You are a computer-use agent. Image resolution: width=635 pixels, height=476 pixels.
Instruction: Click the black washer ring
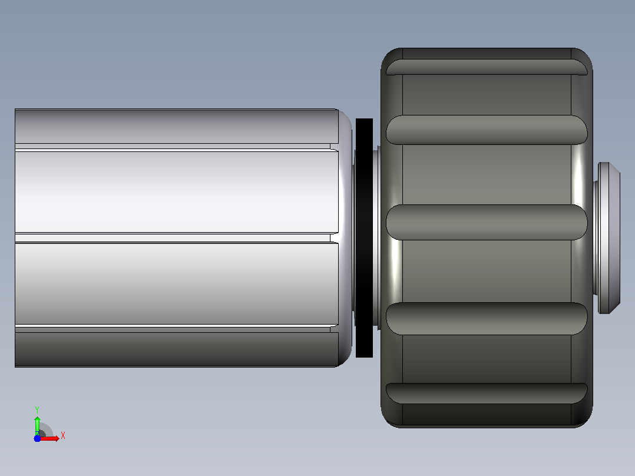point(364,238)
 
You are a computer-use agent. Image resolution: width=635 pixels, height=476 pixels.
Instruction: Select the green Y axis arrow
point(37,425)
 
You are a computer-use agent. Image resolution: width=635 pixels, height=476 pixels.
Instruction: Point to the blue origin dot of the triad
point(37,438)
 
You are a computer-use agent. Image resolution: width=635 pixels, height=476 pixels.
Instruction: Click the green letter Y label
point(37,409)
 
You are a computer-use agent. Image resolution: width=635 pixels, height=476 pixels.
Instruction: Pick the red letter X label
point(63,436)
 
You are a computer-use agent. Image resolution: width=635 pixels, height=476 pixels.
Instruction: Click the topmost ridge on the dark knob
point(487,67)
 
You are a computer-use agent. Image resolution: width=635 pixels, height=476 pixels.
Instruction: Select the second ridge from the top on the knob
point(487,130)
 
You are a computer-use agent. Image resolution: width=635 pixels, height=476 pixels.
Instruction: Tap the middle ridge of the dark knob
point(487,222)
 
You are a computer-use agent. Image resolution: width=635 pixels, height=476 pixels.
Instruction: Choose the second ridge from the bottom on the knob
point(487,319)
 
